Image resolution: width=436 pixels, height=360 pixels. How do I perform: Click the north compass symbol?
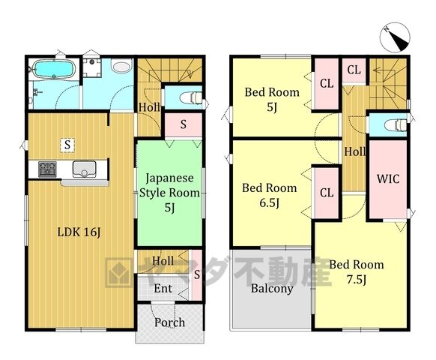pos(395,37)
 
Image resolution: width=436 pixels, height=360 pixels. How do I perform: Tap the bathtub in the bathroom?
pos(54,69)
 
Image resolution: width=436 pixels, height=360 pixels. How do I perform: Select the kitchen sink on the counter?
pos(84,169)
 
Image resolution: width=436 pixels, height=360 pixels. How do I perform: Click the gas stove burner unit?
pos(47,169)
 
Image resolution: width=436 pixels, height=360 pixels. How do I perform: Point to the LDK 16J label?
pos(79,232)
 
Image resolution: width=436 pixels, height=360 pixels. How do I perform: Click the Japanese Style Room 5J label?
pos(169,193)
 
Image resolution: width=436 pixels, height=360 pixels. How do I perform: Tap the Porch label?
pos(169,322)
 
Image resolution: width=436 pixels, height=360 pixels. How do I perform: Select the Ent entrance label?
pos(163,288)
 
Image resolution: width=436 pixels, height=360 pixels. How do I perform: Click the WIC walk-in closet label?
pos(388,178)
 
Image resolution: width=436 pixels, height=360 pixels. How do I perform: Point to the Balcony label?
pos(272,289)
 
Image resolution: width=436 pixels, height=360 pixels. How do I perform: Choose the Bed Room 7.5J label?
pos(357,271)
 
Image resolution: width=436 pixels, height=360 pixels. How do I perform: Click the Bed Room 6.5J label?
pos(269,195)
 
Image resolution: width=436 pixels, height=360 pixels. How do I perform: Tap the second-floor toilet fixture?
pos(396,125)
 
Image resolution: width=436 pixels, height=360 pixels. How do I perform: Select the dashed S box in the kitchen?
pos(67,145)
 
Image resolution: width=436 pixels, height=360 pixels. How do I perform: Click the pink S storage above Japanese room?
pos(184,124)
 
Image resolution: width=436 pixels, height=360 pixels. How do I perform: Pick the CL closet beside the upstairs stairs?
pos(354,70)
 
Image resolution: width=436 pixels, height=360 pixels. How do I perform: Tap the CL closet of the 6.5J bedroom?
pos(327,193)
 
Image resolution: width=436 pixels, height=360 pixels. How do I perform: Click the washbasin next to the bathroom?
pos(121,67)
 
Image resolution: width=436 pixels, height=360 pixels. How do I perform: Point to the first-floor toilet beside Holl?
pos(191,97)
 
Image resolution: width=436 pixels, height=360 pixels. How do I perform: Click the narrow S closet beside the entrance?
pos(197,274)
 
